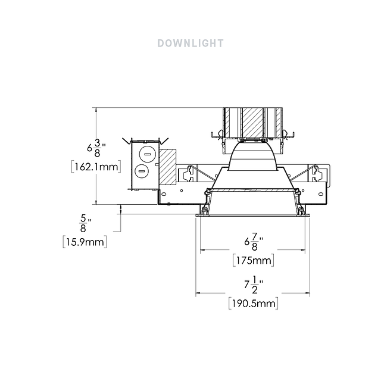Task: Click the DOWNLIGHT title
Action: point(190,43)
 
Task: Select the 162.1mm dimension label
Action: point(96,167)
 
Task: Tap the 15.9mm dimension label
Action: point(85,242)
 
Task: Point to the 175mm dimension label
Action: point(254,261)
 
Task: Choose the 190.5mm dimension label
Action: point(254,304)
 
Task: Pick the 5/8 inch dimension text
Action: point(85,224)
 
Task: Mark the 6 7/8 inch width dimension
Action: point(254,242)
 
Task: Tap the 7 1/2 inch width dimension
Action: point(254,285)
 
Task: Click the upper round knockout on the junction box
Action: point(147,155)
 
